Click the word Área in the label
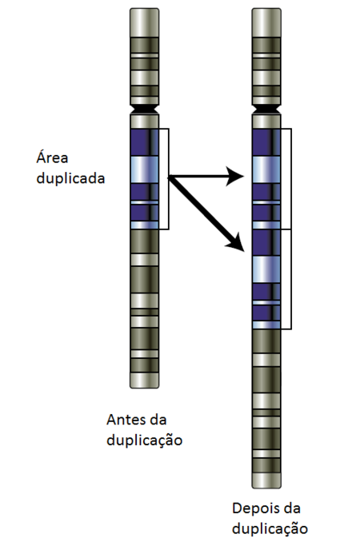click(52, 157)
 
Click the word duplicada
click(70, 178)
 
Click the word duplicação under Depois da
click(270, 529)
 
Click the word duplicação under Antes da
click(144, 440)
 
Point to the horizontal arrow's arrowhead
click(235, 176)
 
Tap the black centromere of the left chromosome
click(145, 109)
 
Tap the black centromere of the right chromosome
click(266, 109)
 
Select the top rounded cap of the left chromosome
click(145, 22)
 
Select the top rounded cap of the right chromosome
click(266, 22)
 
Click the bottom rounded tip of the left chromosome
click(145, 381)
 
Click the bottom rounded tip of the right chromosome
click(266, 480)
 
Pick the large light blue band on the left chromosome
click(145, 169)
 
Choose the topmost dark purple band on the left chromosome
click(145, 142)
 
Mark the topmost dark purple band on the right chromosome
click(266, 142)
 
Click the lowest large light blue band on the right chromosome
click(266, 269)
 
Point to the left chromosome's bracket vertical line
click(169, 179)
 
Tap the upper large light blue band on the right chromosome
click(266, 169)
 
